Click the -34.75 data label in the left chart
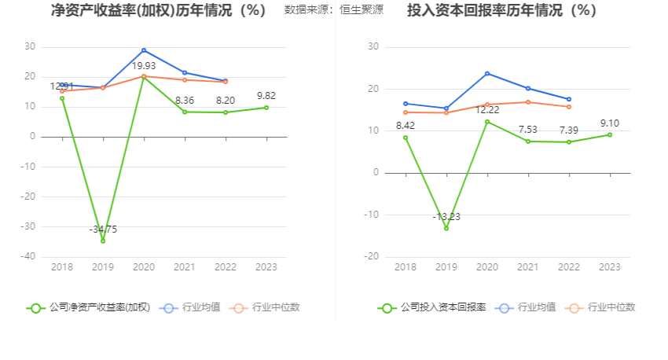coord(103,229)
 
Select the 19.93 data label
coord(144,65)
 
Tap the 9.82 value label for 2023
coord(266,96)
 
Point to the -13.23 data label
coord(446,216)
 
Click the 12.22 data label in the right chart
coord(487,109)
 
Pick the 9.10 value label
coord(609,123)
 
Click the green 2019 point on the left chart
coord(103,241)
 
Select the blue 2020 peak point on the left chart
coord(144,50)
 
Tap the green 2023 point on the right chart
coord(609,134)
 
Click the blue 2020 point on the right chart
coord(487,73)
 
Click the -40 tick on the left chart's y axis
coord(28,256)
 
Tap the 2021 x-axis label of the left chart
coord(185,267)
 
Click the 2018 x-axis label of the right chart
coord(406,267)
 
